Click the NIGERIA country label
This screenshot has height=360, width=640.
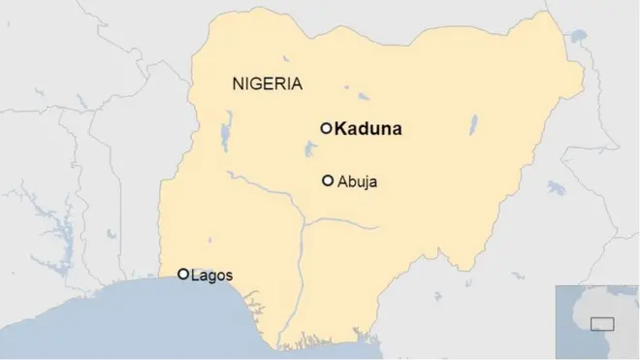[x=268, y=83]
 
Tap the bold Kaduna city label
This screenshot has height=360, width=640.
[x=368, y=128]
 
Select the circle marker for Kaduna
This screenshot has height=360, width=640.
[x=327, y=127]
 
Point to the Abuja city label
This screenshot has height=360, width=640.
[x=357, y=181]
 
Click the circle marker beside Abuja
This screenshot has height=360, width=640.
[x=328, y=180]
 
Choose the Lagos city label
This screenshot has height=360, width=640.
[x=212, y=276]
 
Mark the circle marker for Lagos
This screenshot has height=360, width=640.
[x=183, y=275]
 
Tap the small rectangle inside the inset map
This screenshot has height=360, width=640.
[x=603, y=324]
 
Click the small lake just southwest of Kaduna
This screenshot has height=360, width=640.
[x=311, y=148]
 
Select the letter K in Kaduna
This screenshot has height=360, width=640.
[x=341, y=128]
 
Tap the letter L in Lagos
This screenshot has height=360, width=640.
[x=196, y=276]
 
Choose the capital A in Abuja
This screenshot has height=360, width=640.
[x=342, y=181]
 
